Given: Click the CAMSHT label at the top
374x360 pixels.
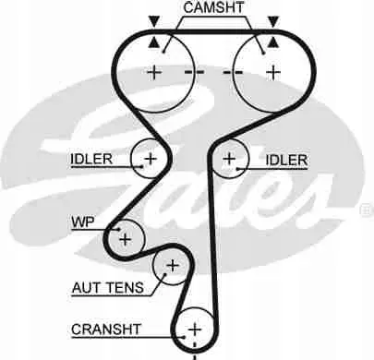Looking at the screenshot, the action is [213, 7].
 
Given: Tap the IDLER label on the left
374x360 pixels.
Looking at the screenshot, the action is [91, 159].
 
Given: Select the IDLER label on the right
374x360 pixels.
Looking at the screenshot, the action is [286, 160].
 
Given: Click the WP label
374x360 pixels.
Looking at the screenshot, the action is [83, 222].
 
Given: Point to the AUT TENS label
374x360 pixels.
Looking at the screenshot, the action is [108, 288].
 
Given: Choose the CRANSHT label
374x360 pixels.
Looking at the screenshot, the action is [106, 330].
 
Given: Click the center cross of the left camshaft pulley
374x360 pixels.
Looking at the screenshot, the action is [154, 73].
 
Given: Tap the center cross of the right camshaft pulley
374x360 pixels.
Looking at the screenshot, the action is [273, 73].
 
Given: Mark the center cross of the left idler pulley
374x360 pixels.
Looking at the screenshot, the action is [151, 159].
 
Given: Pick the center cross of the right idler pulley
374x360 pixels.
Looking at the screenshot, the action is [229, 159].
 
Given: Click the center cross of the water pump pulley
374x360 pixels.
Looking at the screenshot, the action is [126, 239].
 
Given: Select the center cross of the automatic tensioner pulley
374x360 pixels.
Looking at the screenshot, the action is [173, 265].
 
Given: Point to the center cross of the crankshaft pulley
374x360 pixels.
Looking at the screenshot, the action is [195, 330].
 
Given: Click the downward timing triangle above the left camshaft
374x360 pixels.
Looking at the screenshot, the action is [153, 22].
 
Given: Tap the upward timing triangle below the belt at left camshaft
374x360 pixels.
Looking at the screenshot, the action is [153, 42].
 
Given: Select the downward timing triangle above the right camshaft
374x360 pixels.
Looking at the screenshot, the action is [273, 22].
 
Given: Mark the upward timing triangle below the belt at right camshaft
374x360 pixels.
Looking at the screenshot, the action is [273, 42].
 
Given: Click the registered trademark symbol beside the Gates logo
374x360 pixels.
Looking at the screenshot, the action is [367, 210].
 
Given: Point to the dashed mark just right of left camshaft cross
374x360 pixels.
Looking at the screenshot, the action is [194, 73].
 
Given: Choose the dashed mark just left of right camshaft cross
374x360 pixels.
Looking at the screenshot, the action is [233, 73].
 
